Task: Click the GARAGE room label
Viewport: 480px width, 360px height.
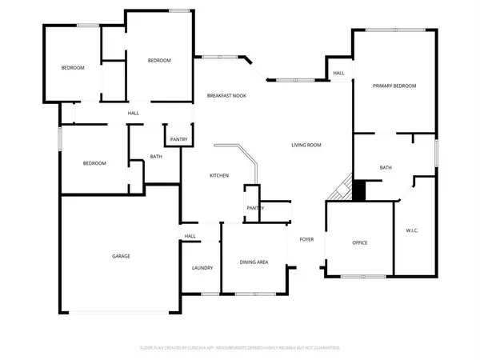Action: point(121,256)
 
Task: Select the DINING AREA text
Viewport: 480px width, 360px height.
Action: point(254,262)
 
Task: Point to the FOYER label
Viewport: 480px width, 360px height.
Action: point(306,239)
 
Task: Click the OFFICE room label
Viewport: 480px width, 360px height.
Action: point(359,242)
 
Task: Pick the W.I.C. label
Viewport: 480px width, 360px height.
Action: point(413,231)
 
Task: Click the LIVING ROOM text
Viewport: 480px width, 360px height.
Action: point(306,145)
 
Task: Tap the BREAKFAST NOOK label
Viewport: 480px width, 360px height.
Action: point(226,96)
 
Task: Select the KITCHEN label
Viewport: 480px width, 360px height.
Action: point(219,175)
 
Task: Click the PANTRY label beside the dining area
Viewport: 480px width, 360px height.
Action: point(255,208)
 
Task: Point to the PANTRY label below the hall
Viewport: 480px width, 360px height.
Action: point(178,139)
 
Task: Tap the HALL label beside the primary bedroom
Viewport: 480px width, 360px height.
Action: point(338,74)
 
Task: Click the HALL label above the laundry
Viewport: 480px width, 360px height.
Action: point(190,236)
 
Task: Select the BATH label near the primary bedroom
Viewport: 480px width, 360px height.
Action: point(386,167)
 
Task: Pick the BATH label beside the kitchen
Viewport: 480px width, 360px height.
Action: point(156,156)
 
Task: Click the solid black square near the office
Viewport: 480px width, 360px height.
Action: point(358,191)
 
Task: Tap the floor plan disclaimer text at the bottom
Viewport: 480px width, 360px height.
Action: point(240,348)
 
